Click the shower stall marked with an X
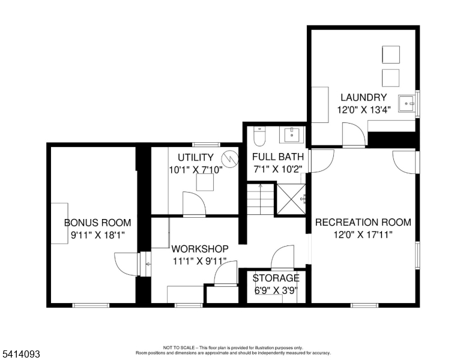click(291, 200)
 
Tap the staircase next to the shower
click(259, 200)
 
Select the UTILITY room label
click(196, 157)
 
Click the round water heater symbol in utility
click(229, 158)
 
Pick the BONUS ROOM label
click(97, 223)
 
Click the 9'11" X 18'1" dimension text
click(97, 235)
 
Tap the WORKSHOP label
click(200, 248)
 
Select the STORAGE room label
click(276, 278)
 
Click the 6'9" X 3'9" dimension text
click(276, 290)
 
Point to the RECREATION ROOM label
click(363, 222)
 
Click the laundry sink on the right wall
click(410, 103)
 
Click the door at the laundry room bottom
click(353, 134)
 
